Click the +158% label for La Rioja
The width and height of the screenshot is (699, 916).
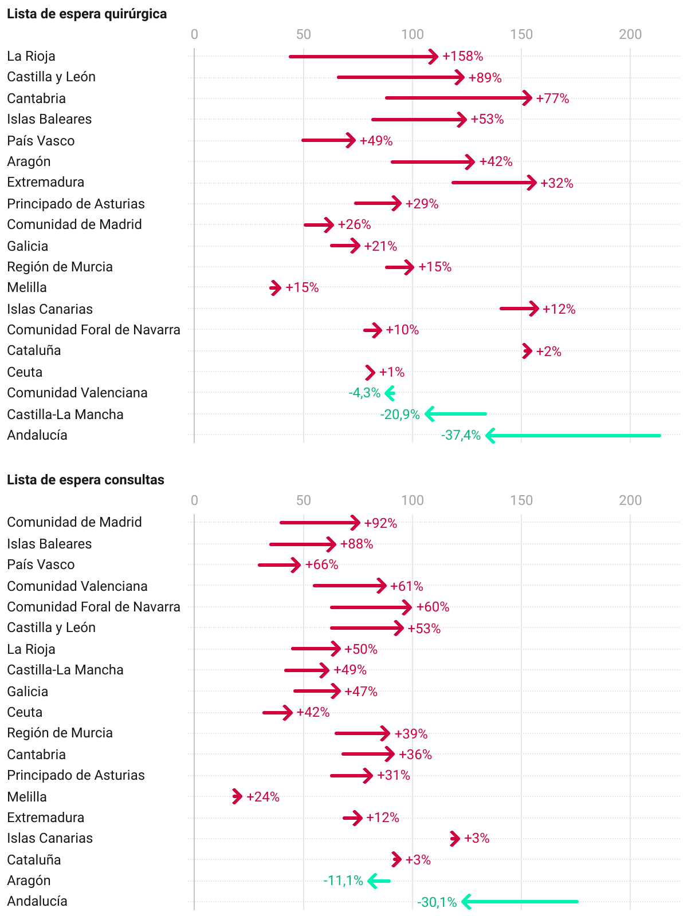pyautogui.click(x=462, y=56)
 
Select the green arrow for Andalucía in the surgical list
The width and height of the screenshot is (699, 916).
pyautogui.click(x=573, y=436)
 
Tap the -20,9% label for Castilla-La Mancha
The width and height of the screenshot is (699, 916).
pyautogui.click(x=400, y=414)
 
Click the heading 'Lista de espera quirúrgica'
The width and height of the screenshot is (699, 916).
pyautogui.click(x=87, y=14)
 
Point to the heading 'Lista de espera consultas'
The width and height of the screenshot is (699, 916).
pyautogui.click(x=85, y=480)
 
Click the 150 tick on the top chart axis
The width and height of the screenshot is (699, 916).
pyautogui.click(x=521, y=34)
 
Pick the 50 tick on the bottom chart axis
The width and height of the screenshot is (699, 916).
pyautogui.click(x=303, y=500)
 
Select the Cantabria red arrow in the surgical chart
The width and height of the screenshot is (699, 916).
pyautogui.click(x=458, y=98)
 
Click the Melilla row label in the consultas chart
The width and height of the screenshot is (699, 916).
pyautogui.click(x=27, y=797)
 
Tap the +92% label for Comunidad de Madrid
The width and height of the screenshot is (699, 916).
pyautogui.click(x=380, y=523)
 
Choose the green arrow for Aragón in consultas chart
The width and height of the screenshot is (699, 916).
pyautogui.click(x=379, y=881)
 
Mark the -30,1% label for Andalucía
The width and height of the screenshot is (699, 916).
pyautogui.click(x=437, y=902)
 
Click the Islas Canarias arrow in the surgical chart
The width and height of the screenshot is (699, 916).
pyautogui.click(x=519, y=309)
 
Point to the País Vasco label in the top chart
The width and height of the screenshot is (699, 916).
pyautogui.click(x=41, y=141)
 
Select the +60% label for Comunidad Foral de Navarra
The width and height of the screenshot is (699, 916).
pyautogui.click(x=433, y=607)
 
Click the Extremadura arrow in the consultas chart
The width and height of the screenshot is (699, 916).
pyautogui.click(x=353, y=818)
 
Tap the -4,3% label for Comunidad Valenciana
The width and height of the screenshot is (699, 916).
pyautogui.click(x=364, y=393)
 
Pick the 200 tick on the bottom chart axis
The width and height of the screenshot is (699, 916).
pyautogui.click(x=630, y=500)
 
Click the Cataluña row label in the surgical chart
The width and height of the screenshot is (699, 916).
pyautogui.click(x=34, y=350)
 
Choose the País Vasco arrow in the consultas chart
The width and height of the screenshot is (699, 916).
pyautogui.click(x=279, y=565)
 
